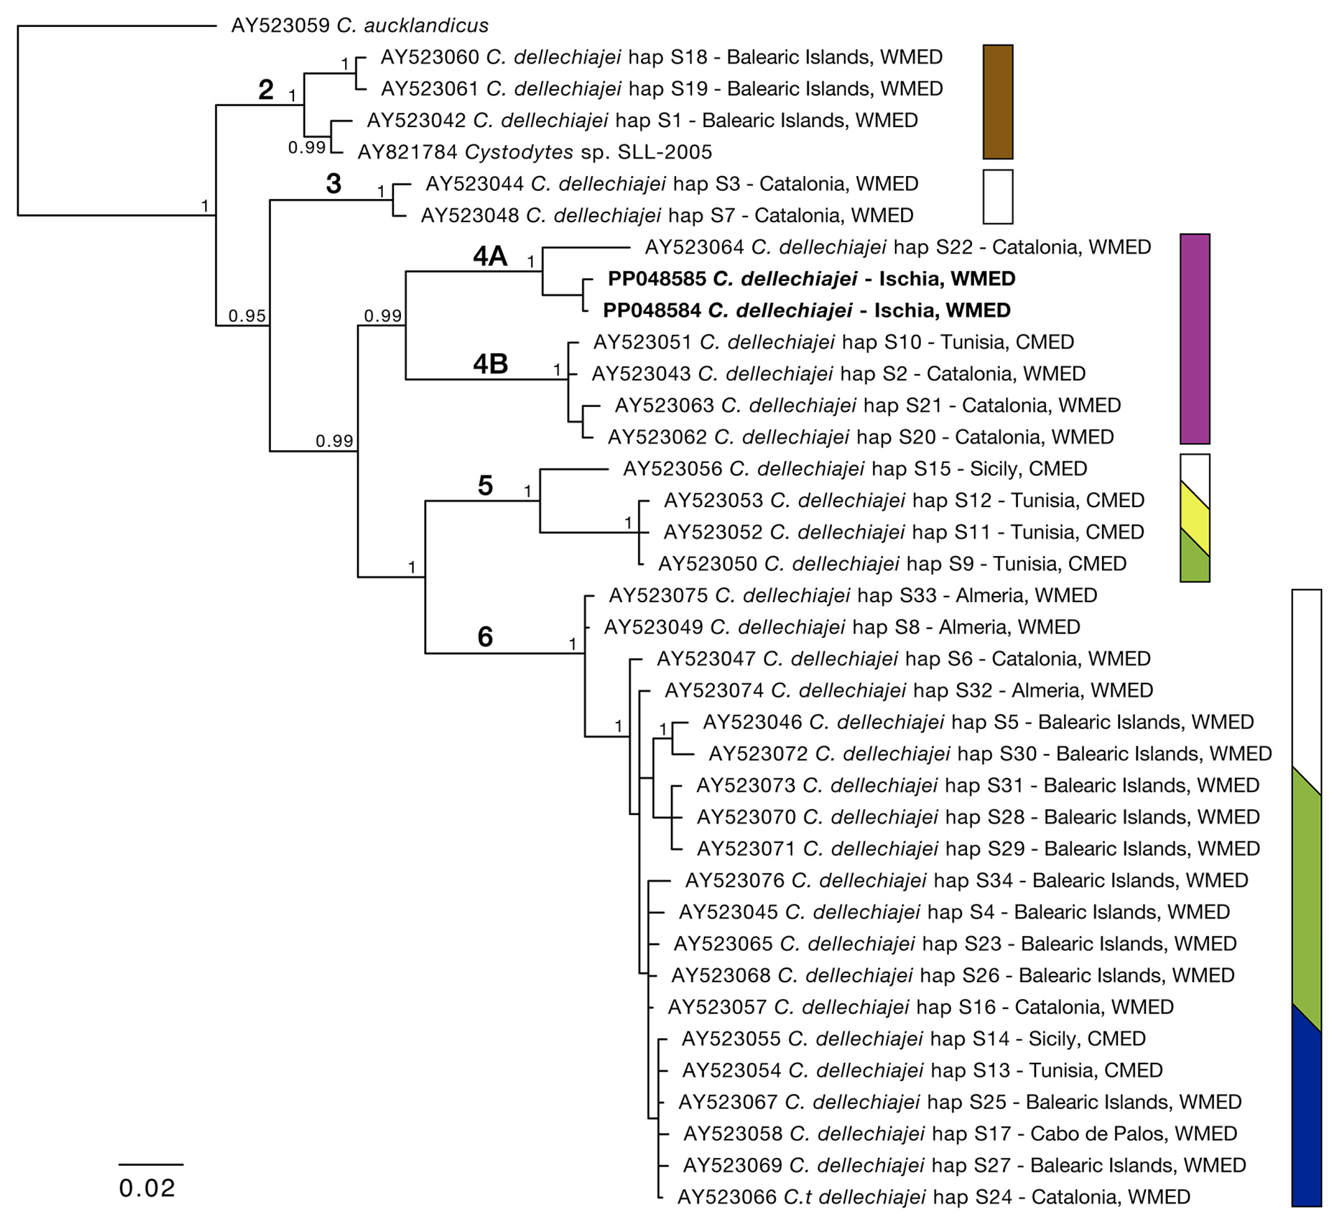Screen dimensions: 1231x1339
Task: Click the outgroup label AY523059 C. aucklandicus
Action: point(359,26)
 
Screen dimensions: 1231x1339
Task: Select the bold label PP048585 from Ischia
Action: point(811,279)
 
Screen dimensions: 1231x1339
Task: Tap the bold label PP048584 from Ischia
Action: point(806,310)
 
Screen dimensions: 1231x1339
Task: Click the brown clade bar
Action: point(998,102)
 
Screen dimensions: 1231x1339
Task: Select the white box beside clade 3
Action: point(998,197)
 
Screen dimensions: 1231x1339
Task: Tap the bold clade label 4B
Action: point(490,364)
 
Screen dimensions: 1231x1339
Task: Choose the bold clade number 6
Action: point(485,637)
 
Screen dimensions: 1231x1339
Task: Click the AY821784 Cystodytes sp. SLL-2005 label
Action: point(535,153)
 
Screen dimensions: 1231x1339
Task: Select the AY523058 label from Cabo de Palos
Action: point(960,1133)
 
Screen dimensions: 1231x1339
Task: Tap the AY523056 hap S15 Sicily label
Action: point(855,469)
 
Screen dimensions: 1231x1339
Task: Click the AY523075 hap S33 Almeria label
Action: point(853,595)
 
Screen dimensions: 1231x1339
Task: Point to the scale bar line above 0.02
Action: point(151,1164)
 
